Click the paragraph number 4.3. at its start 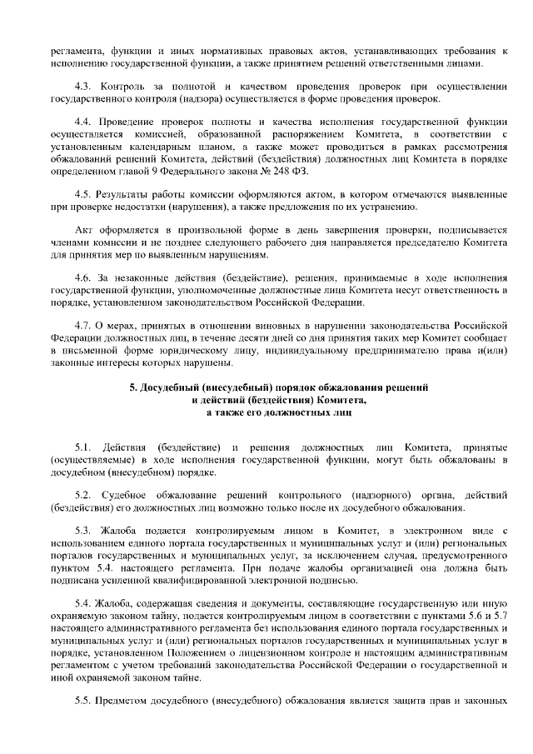click(83, 87)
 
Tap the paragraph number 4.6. click(83, 276)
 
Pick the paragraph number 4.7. click(83, 324)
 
